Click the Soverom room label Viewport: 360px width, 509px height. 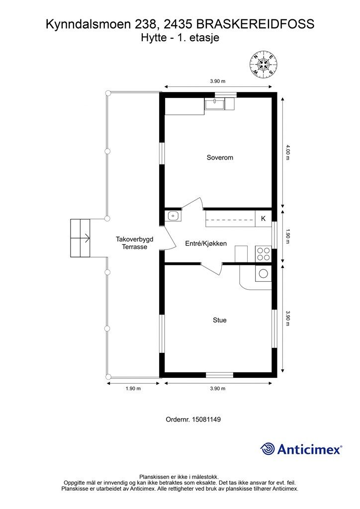point(220,158)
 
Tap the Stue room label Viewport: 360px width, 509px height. point(219,320)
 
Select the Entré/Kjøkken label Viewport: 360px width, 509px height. point(206,244)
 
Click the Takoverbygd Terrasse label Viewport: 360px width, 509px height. point(134,243)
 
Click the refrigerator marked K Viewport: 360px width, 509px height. point(263,219)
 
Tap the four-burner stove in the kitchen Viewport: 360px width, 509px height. point(263,254)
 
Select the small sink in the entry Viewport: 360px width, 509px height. point(173,216)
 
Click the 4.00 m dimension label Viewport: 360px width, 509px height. point(287,152)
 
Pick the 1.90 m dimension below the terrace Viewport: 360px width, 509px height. point(133,388)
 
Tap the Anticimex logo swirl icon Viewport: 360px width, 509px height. point(268,449)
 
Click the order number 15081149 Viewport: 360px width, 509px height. point(206,420)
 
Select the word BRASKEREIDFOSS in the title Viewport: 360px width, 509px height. point(256,24)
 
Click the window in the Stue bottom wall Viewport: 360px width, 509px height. point(220,375)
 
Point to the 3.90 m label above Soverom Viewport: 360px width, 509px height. point(217,81)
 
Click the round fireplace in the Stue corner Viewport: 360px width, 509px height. point(263,274)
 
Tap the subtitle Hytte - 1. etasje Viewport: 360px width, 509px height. point(180,38)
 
